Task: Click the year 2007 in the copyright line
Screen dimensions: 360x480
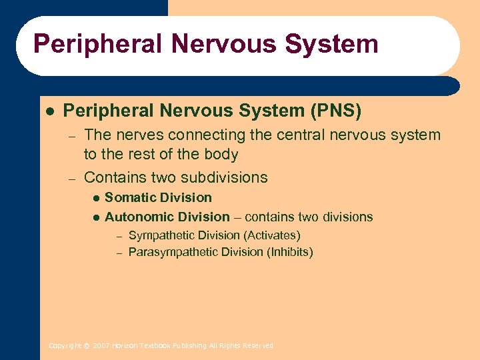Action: (x=101, y=345)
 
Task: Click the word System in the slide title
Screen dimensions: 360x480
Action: (x=331, y=44)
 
